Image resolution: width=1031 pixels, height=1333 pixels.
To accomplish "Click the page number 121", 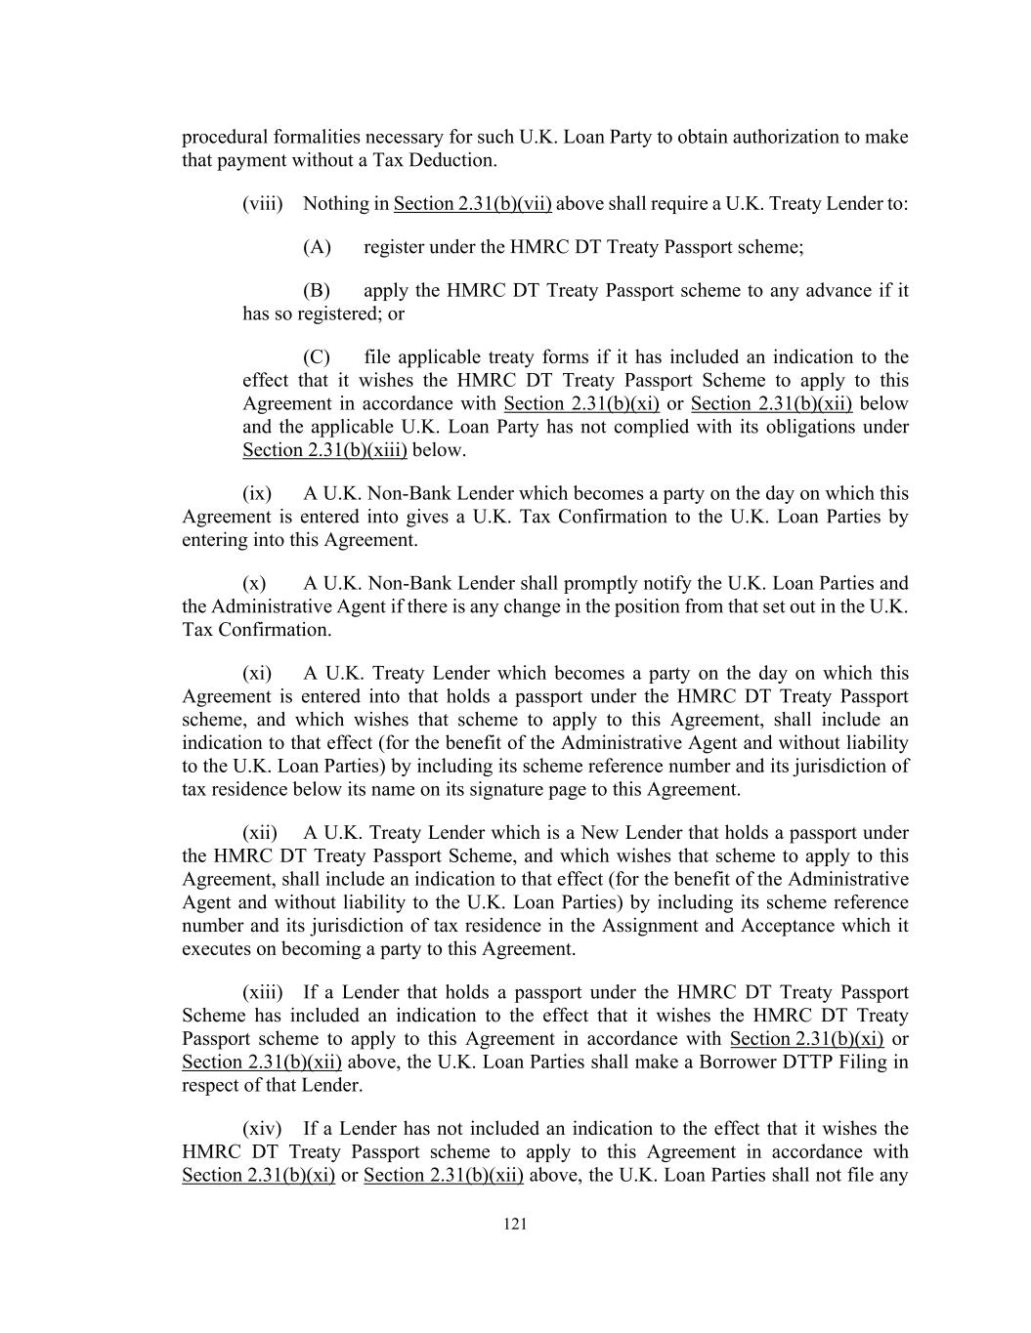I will (515, 1225).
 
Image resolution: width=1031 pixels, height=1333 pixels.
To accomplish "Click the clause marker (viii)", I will (263, 204).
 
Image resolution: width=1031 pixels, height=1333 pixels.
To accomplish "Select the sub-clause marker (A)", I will (318, 247).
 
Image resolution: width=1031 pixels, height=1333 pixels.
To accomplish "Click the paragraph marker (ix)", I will (257, 494).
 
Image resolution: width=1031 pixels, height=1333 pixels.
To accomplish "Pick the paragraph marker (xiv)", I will (262, 1130).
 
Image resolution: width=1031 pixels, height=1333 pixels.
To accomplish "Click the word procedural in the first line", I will (222, 138).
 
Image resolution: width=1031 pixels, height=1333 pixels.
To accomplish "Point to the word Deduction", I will (455, 160).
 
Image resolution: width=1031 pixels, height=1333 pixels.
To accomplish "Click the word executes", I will (216, 949).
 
